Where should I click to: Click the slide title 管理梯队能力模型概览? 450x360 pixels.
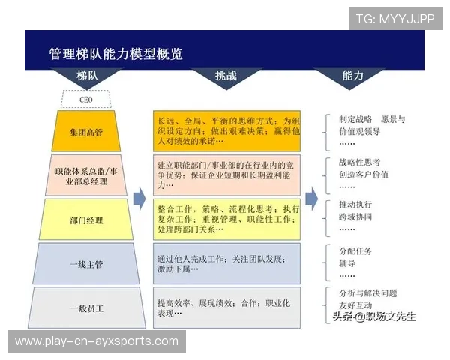[x=116, y=54]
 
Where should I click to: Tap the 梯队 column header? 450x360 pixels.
[x=87, y=76]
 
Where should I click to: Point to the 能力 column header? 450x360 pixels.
[x=352, y=76]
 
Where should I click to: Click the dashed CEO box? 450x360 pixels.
[x=85, y=99]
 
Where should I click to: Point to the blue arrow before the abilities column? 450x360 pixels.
[x=311, y=199]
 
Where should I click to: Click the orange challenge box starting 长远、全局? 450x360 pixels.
[x=228, y=131]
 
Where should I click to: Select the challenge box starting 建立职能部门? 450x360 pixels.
[x=228, y=175]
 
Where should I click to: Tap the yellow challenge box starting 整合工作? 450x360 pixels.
[x=228, y=220]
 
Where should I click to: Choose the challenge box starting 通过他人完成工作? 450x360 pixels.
[x=228, y=263]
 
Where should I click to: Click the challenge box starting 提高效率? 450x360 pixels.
[x=228, y=307]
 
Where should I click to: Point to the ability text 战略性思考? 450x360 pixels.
[x=360, y=162]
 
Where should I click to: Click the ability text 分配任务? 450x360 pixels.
[x=355, y=250]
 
